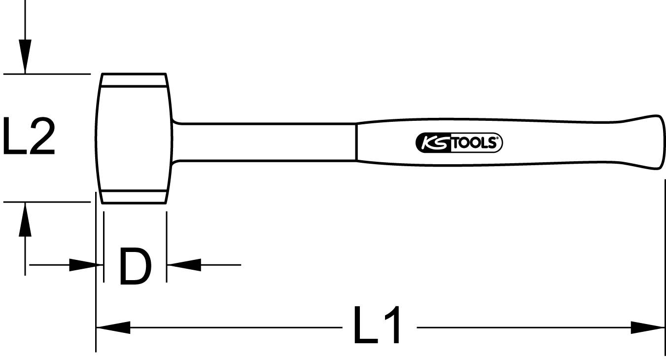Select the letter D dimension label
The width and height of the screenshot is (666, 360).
point(135,267)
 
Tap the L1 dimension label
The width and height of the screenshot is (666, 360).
point(377,326)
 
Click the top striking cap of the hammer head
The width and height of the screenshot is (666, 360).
point(134,80)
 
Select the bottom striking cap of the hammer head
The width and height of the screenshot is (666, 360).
point(134,196)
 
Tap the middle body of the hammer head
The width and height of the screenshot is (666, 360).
point(134,138)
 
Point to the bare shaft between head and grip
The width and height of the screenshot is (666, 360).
point(266,142)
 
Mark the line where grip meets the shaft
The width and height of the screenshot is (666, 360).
point(356,142)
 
